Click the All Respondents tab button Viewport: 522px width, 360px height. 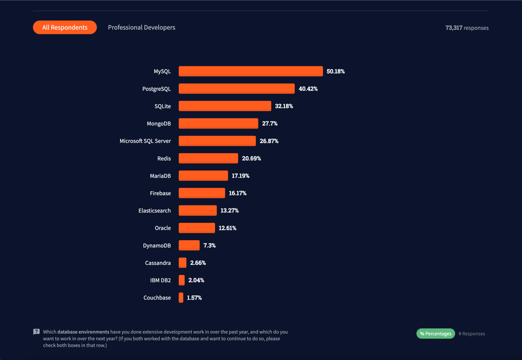(65, 28)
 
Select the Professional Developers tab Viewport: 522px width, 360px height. (141, 28)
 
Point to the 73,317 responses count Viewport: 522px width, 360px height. (467, 28)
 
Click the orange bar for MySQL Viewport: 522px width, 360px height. (250, 71)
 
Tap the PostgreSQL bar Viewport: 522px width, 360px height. (236, 89)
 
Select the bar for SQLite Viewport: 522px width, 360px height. (225, 106)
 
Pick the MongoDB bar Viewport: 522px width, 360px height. (218, 123)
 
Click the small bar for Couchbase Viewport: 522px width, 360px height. (181, 298)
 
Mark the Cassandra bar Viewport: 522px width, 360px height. (183, 263)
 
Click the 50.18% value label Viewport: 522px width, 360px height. (336, 71)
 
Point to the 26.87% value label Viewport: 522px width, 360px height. (269, 141)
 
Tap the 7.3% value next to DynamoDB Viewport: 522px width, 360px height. (209, 245)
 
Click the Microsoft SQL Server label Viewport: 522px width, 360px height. (145, 141)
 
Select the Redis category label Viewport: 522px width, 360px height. (164, 158)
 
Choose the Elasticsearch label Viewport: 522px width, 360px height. (155, 210)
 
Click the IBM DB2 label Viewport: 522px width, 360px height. (161, 280)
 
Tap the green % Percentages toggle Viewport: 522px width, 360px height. (436, 334)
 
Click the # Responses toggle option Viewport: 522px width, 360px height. (472, 334)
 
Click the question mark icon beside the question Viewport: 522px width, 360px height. (36, 332)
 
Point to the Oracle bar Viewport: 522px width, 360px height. (197, 228)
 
